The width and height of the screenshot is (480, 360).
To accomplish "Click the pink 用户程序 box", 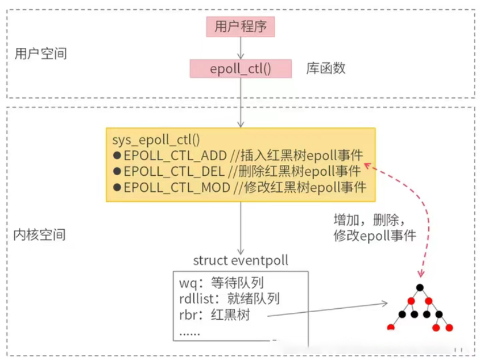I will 241,26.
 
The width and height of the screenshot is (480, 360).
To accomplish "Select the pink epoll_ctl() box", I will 241,69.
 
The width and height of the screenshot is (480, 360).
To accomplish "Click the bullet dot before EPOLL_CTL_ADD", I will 117,156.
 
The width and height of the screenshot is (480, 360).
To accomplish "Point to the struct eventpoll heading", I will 241,260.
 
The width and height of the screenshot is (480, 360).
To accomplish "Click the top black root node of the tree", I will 420,287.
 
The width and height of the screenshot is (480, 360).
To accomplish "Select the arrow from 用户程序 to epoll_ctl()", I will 241,48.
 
